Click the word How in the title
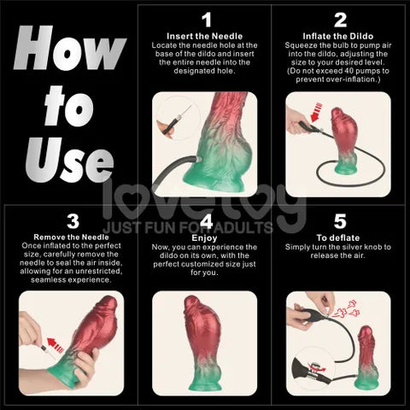pyautogui.click(x=70, y=48)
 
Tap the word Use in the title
pyautogui.click(x=70, y=160)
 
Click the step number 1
pyautogui.click(x=207, y=20)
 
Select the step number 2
pyautogui.click(x=340, y=20)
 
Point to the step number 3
pyautogui.click(x=73, y=221)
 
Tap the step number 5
pyautogui.click(x=340, y=221)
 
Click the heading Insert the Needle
pyautogui.click(x=204, y=36)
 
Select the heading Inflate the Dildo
pyautogui.click(x=338, y=36)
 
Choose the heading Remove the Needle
pyautogui.click(x=71, y=237)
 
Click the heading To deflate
pyautogui.click(x=338, y=237)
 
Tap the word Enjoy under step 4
pyautogui.click(x=204, y=238)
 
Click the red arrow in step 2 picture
pyautogui.click(x=316, y=113)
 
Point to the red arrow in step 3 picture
pyautogui.click(x=56, y=345)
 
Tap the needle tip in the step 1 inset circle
pyautogui.click(x=190, y=106)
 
